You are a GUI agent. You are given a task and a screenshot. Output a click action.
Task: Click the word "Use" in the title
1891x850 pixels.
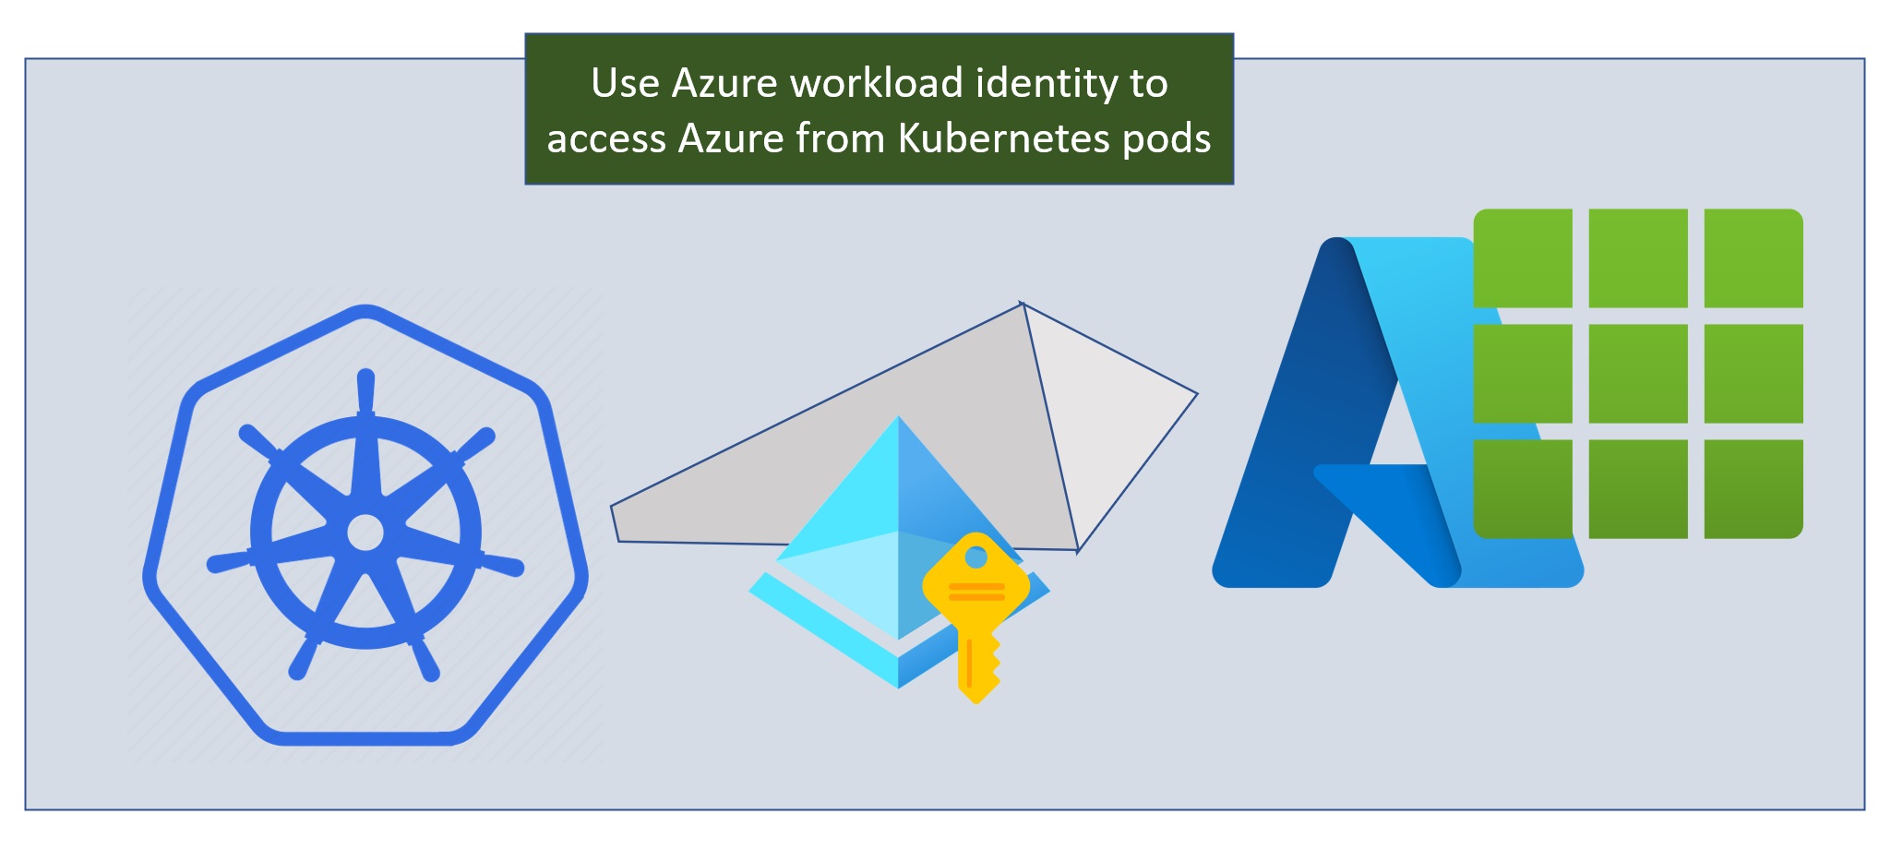tap(625, 83)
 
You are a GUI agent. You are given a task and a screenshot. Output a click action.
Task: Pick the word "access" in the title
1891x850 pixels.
tap(605, 139)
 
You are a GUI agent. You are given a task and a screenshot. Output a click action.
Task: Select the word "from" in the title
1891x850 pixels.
tap(839, 138)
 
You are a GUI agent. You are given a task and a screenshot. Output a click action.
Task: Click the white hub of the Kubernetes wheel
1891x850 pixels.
tap(365, 533)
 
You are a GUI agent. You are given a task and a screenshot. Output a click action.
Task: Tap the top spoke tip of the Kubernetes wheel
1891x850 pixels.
tap(365, 378)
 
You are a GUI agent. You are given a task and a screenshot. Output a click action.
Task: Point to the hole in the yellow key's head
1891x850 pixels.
tap(976, 557)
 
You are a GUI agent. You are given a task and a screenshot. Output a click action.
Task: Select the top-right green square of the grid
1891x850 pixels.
tap(1753, 258)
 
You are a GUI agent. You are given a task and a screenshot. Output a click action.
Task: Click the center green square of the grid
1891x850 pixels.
tap(1637, 374)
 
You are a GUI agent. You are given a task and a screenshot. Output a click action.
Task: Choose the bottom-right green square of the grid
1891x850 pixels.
tap(1753, 488)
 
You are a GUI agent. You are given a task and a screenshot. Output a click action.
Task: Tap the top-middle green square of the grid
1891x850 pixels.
tap(1637, 258)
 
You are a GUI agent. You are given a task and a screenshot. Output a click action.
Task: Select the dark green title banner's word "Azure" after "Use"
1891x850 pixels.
tap(724, 83)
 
